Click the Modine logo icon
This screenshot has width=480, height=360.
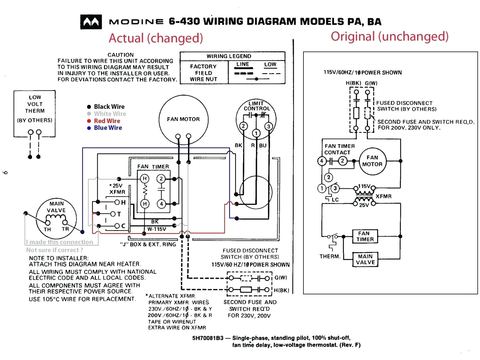(91, 22)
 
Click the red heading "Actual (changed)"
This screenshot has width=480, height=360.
(156, 38)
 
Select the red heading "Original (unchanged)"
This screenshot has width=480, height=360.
(389, 36)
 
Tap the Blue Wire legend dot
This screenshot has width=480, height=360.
(89, 128)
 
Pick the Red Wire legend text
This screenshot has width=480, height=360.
(107, 121)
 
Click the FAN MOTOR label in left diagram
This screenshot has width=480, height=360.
(183, 119)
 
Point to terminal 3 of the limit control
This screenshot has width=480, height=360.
(268, 127)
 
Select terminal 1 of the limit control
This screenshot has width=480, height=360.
(256, 133)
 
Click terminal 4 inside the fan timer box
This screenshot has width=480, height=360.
(161, 204)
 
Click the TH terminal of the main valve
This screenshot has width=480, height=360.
(48, 223)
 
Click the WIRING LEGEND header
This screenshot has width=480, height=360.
(229, 56)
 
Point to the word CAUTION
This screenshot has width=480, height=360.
(121, 55)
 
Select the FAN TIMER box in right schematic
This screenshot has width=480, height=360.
(365, 236)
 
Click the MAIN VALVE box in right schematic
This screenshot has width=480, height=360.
(365, 259)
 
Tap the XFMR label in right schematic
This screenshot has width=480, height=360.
(383, 196)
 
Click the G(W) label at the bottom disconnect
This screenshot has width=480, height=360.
(281, 277)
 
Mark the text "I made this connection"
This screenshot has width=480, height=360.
(59, 242)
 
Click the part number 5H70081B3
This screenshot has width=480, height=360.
(208, 338)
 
